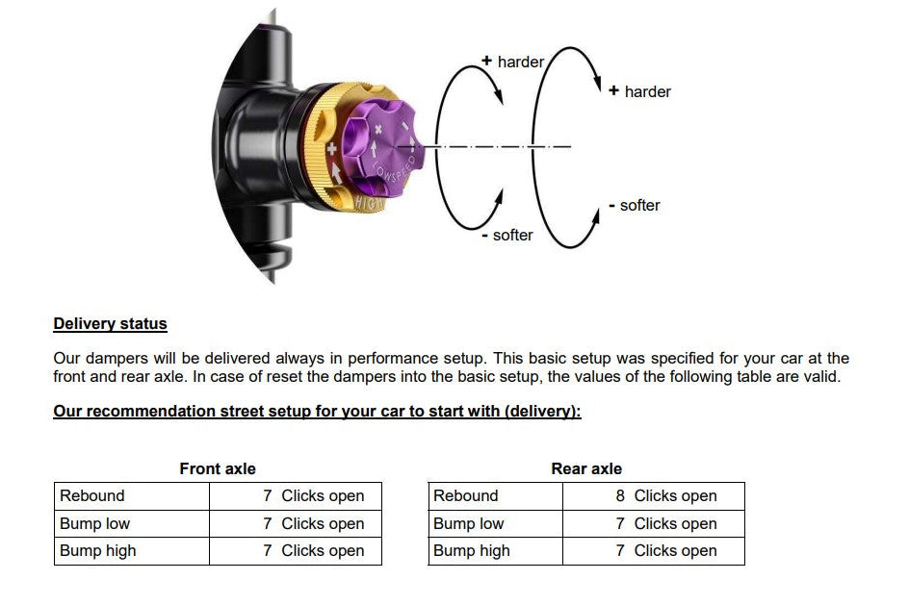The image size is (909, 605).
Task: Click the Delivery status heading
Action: (110, 324)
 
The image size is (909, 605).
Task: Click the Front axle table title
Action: (218, 468)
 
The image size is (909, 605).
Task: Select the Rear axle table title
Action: (586, 468)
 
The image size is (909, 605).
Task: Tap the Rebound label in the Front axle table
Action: (92, 496)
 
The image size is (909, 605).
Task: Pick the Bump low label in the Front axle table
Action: (94, 524)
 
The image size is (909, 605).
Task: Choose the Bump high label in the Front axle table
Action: (98, 551)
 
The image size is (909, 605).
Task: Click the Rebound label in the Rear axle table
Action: (466, 496)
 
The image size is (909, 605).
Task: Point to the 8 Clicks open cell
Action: (666, 496)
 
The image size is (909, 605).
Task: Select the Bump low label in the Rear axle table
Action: (469, 524)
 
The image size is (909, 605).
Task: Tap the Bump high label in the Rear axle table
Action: (472, 551)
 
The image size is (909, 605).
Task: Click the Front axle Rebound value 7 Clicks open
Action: (314, 496)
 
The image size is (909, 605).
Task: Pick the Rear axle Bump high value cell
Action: (666, 551)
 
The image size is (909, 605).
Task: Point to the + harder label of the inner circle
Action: (513, 62)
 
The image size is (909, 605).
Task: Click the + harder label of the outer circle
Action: (640, 91)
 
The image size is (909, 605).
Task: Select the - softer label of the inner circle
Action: (507, 235)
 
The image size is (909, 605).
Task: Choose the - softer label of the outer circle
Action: (635, 205)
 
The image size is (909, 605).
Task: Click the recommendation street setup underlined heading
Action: (317, 412)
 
